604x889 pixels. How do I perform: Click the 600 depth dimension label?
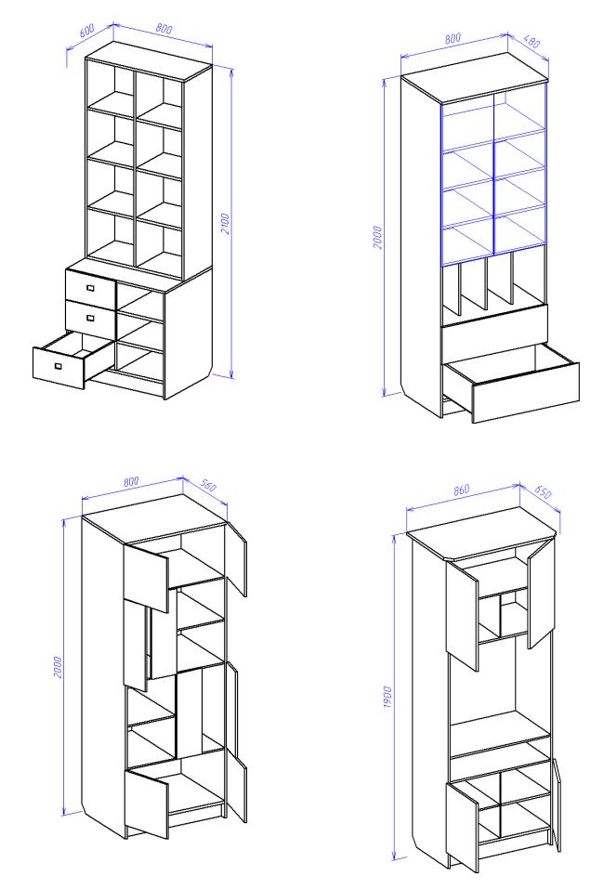[x=86, y=30]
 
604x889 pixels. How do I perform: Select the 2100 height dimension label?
[x=225, y=224]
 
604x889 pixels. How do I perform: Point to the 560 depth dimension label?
[x=208, y=485]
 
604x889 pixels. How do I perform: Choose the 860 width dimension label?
[x=462, y=489]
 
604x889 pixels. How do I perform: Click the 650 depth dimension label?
[x=542, y=491]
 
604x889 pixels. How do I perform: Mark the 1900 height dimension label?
[x=387, y=696]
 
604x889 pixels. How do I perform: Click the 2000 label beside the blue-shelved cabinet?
[x=377, y=237]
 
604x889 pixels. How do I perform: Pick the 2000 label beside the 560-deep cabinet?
[x=57, y=668]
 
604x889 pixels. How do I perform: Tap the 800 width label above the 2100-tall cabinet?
[x=164, y=28]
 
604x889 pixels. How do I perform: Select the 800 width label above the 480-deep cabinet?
[x=453, y=39]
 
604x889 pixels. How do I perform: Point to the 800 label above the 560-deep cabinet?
[x=130, y=481]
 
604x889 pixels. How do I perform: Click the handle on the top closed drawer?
[x=90, y=288]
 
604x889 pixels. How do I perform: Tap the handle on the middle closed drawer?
[x=90, y=318]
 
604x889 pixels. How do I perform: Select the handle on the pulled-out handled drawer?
[x=58, y=366]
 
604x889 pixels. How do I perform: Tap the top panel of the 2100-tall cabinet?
[x=148, y=60]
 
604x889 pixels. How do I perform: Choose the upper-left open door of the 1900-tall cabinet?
[x=462, y=615]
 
